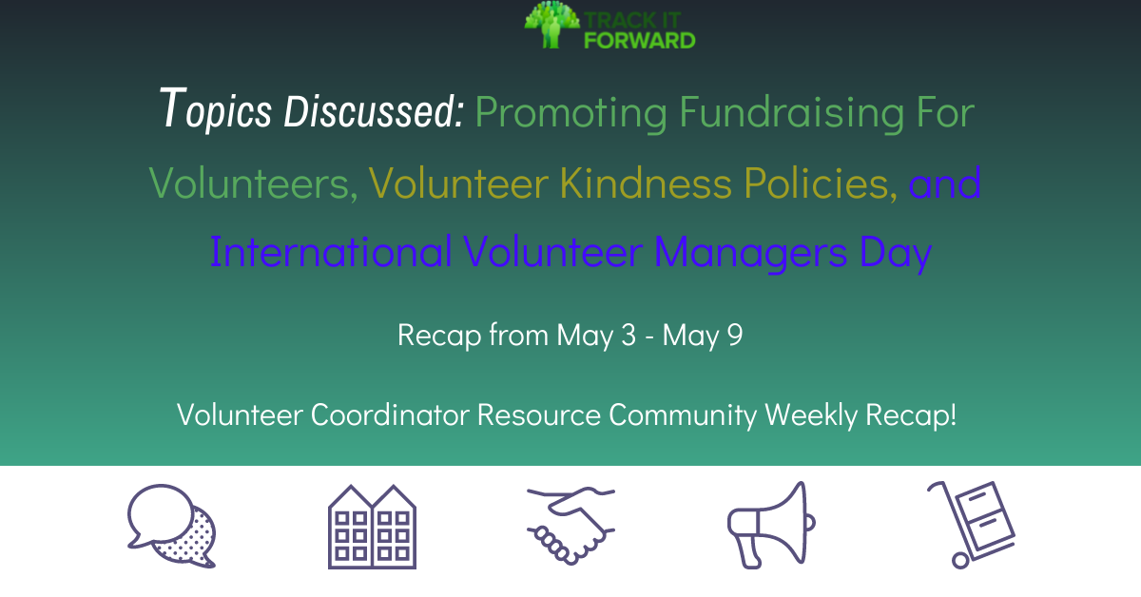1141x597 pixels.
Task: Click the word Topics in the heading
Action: pyautogui.click(x=216, y=109)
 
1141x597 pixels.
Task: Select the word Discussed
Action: pyautogui.click(x=374, y=110)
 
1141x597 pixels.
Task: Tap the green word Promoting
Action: pyautogui.click(x=571, y=113)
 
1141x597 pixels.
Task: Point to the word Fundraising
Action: pyautogui.click(x=792, y=112)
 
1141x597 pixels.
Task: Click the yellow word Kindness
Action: pyautogui.click(x=646, y=183)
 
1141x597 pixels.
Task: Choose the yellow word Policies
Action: pyautogui.click(x=821, y=183)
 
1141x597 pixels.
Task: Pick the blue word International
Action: pyautogui.click(x=331, y=251)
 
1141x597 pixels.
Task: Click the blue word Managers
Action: pyautogui.click(x=751, y=253)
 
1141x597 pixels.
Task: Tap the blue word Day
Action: pyautogui.click(x=896, y=253)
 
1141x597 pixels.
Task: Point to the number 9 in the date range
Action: pyautogui.click(x=734, y=336)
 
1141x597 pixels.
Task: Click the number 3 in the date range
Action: pyautogui.click(x=629, y=336)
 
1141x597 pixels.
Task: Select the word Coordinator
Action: pyautogui.click(x=390, y=414)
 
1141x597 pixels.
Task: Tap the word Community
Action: pyautogui.click(x=683, y=415)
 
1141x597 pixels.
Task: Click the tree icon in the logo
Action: pyautogui.click(x=551, y=25)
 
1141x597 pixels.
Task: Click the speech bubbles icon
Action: pyautogui.click(x=172, y=526)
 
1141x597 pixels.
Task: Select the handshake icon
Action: pyautogui.click(x=570, y=526)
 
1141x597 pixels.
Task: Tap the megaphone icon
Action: pyautogui.click(x=771, y=525)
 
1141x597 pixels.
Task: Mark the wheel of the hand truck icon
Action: pyautogui.click(x=960, y=561)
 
